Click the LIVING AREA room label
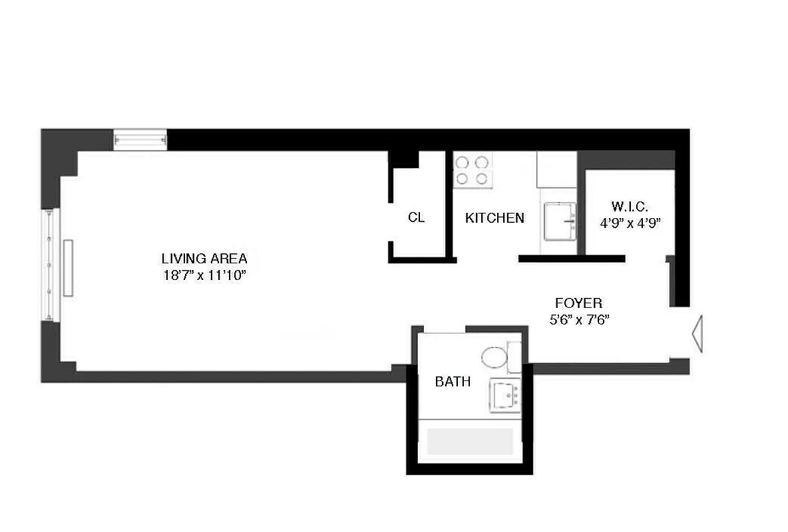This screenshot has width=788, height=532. click(204, 259)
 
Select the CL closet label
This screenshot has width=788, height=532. click(417, 217)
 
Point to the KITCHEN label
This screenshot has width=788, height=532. click(494, 217)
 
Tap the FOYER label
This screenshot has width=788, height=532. click(578, 303)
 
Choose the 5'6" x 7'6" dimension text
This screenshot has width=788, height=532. click(578, 319)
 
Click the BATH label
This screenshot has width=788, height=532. click(453, 382)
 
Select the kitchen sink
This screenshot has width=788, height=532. click(560, 221)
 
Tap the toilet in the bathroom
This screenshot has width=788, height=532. click(494, 358)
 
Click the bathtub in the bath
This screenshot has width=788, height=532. click(469, 441)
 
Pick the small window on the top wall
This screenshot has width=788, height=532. click(140, 139)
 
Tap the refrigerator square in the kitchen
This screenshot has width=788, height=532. click(556, 170)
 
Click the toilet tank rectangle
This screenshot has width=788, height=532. click(514, 356)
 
